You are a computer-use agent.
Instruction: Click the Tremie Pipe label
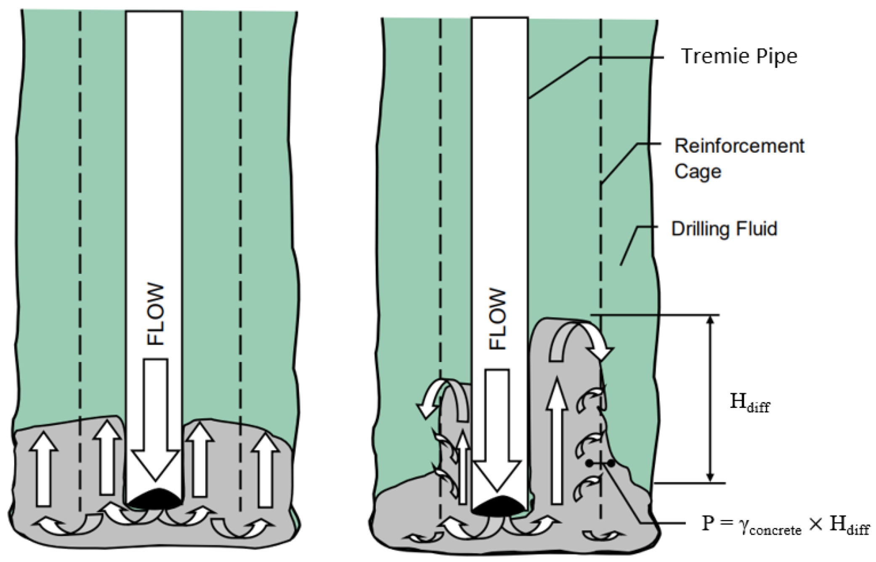point(739,56)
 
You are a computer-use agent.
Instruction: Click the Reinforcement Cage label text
point(739,159)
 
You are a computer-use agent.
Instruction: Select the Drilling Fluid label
point(724,229)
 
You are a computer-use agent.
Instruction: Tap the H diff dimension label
point(749,403)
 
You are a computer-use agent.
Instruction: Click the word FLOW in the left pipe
point(155,315)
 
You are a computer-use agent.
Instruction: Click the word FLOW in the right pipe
point(498,319)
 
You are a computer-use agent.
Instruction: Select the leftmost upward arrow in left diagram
point(44,469)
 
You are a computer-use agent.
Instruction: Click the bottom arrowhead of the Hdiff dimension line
point(710,477)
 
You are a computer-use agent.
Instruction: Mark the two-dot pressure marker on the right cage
point(601,464)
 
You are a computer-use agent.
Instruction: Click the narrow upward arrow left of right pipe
point(463,467)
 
